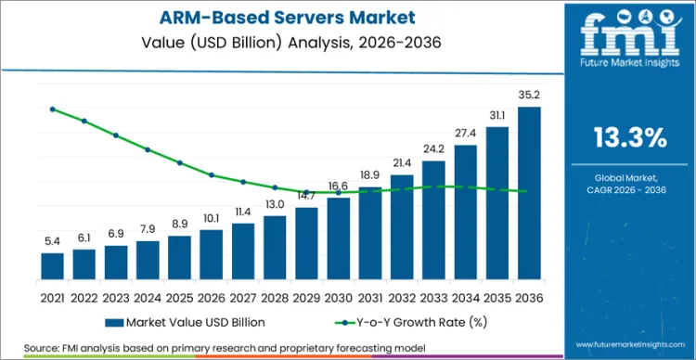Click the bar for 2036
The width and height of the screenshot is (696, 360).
[x=529, y=192]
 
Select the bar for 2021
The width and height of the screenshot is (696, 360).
[x=53, y=265]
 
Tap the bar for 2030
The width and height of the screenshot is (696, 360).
[x=339, y=238]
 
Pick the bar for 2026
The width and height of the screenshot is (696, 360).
[x=212, y=253]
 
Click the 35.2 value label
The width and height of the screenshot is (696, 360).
[x=529, y=94]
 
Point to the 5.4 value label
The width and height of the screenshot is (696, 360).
[x=53, y=240]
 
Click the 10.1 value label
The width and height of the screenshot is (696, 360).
[x=212, y=218]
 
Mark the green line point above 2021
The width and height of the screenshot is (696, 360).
[x=53, y=109]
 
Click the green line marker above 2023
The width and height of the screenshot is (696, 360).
[x=116, y=135]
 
